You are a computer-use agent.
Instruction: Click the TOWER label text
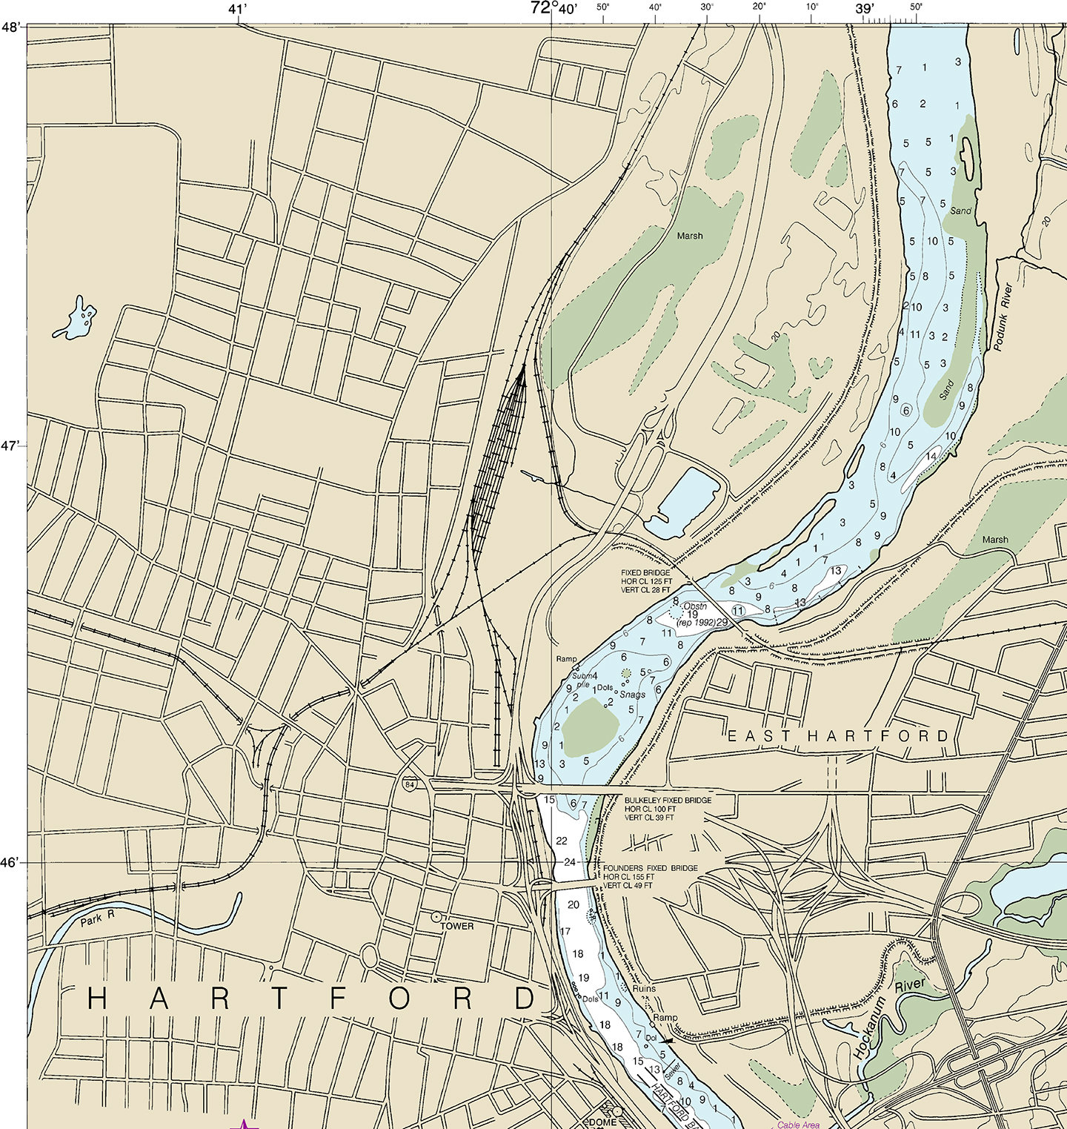tap(457, 926)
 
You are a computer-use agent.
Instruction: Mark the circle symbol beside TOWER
tap(436, 917)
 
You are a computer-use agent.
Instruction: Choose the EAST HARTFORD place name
tap(838, 736)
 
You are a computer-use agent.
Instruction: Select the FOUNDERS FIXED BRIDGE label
tap(651, 868)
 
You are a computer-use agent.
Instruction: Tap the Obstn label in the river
tap(695, 606)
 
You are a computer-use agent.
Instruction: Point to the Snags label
tap(632, 695)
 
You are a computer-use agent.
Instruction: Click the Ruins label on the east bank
tap(644, 989)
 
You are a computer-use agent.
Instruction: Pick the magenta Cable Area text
tap(798, 1125)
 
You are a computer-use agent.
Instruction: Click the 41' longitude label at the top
tap(237, 10)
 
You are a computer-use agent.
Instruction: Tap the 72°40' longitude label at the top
tap(553, 9)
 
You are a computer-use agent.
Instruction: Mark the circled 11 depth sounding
tap(737, 609)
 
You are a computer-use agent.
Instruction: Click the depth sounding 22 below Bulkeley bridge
tap(562, 841)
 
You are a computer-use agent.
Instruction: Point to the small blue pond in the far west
tap(76, 320)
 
